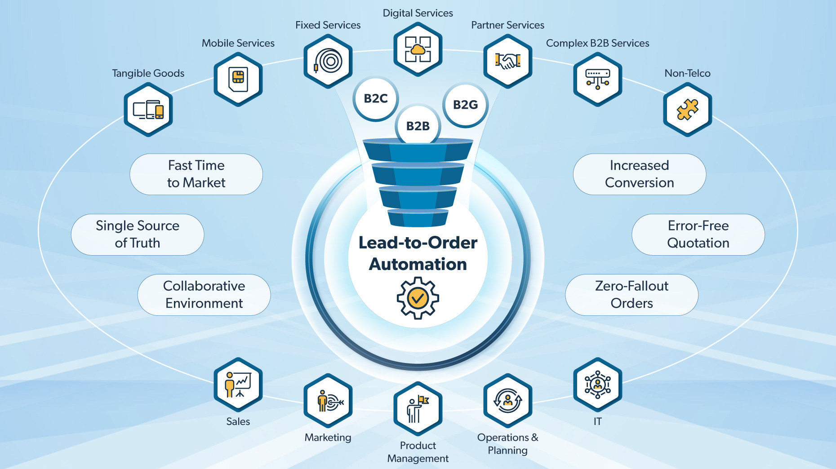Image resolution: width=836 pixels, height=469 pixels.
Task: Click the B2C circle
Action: coord(375,99)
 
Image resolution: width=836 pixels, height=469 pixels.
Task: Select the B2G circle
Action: coord(465,105)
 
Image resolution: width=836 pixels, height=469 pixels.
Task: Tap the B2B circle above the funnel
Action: coord(418,125)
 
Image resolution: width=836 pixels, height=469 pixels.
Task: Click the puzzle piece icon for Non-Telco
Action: coord(687,109)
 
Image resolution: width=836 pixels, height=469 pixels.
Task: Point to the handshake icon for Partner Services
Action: coord(508,61)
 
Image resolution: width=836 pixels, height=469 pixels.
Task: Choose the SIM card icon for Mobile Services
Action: coord(238,79)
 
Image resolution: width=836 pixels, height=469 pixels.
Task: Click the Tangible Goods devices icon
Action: coord(148,110)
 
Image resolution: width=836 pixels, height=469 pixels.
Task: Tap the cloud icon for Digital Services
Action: coord(418,49)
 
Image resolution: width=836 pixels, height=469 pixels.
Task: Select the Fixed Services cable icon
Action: coord(328,61)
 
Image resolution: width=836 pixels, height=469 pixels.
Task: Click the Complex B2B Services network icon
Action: coord(597,79)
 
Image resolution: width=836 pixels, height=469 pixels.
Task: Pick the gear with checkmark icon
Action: coord(418,298)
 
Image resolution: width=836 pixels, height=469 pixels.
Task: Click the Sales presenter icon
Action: coord(238,385)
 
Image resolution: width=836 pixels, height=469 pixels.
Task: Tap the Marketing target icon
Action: coord(328,401)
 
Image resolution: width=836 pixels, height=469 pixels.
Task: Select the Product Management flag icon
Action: coord(418,408)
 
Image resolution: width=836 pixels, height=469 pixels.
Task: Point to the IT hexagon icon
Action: coord(597,385)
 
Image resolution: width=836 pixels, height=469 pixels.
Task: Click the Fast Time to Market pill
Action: coord(196,174)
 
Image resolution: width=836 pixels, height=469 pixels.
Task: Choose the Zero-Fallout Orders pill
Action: coord(631,295)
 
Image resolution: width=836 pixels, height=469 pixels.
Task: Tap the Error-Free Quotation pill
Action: coord(698,234)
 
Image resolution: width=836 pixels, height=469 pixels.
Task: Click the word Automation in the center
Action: coord(418,264)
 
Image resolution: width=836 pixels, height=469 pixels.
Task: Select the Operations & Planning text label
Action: coord(507,443)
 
